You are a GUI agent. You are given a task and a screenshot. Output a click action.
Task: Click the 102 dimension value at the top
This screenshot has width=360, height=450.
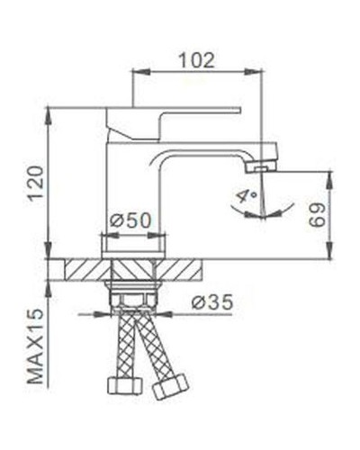pyautogui.click(x=195, y=60)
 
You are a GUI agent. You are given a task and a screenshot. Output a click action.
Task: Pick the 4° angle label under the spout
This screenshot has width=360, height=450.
pyautogui.click(x=246, y=194)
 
